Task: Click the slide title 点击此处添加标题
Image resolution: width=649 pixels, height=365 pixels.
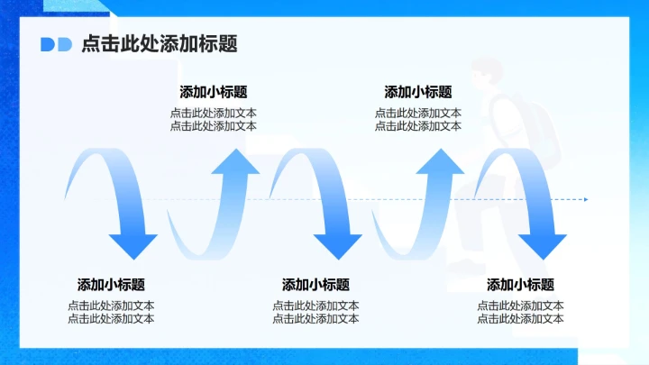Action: pyautogui.click(x=159, y=45)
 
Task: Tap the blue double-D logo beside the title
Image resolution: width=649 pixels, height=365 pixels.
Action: pyautogui.click(x=56, y=45)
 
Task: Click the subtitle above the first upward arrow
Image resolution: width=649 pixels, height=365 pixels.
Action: pyautogui.click(x=214, y=92)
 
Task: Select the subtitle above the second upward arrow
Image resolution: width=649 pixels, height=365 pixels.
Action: pyautogui.click(x=418, y=92)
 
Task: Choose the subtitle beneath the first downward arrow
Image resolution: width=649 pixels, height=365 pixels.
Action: pyautogui.click(x=111, y=285)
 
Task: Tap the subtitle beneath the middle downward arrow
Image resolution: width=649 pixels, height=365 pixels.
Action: pyautogui.click(x=315, y=285)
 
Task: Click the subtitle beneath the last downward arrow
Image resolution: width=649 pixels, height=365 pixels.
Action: pyautogui.click(x=521, y=285)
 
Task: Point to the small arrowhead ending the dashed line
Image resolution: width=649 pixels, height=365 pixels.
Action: pyautogui.click(x=585, y=199)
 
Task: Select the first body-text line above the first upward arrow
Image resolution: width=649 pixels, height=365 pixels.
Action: pyautogui.click(x=214, y=114)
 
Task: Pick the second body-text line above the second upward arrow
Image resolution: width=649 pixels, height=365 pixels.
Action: pyautogui.click(x=418, y=126)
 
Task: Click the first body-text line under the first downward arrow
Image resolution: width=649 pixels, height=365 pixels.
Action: pyautogui.click(x=111, y=306)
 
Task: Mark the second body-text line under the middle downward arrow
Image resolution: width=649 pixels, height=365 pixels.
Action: pyautogui.click(x=315, y=318)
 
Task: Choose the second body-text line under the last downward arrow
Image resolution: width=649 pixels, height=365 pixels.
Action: pyautogui.click(x=521, y=318)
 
